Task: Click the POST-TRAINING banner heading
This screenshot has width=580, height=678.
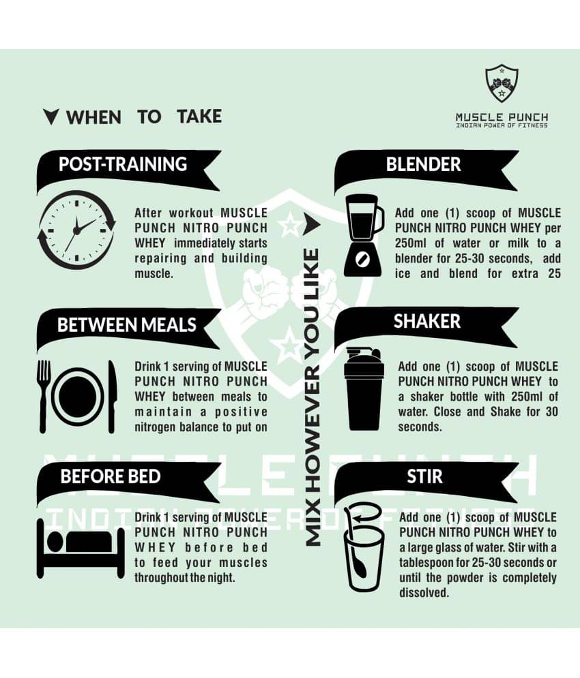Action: point(123,164)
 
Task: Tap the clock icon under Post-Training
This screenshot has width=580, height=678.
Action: point(77,230)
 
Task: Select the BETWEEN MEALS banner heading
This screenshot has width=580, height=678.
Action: point(126,325)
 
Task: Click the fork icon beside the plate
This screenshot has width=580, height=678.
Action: point(43,396)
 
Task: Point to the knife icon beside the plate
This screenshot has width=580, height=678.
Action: point(112,396)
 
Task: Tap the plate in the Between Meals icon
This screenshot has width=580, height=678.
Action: point(78,397)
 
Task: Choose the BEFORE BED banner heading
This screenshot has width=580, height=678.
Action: point(111,476)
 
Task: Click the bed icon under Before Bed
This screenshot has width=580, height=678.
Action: point(81,549)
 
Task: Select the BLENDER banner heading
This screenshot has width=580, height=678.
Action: point(423,164)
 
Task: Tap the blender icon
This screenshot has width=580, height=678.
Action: point(364,236)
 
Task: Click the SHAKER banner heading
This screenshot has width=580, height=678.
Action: point(426,321)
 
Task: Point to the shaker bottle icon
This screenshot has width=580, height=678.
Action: point(364,388)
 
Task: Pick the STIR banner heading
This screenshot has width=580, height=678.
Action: point(424,476)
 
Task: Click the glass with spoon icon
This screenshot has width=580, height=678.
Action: point(364,547)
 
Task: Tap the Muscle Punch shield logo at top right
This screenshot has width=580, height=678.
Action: point(502,83)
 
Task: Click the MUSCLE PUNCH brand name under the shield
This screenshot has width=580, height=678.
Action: point(502,117)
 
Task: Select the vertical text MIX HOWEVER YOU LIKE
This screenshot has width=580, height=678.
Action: point(313,397)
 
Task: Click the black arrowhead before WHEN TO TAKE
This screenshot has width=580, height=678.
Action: point(50,117)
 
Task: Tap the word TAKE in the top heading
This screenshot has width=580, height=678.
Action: point(199,117)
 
